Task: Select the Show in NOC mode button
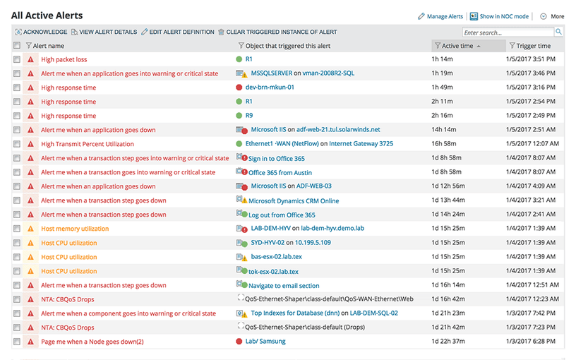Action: click(x=503, y=16)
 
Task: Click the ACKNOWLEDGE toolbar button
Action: click(x=44, y=32)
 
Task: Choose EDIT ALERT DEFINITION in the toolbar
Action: click(x=181, y=32)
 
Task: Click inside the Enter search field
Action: click(x=508, y=32)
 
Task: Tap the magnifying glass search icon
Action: click(x=559, y=32)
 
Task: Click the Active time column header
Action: click(x=457, y=46)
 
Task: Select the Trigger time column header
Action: click(x=533, y=46)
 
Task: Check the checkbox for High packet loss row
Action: click(x=17, y=59)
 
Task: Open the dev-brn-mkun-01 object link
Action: click(x=270, y=88)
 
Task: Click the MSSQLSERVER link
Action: click(x=272, y=73)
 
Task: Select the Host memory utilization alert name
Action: click(x=75, y=229)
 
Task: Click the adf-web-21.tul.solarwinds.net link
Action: click(x=338, y=130)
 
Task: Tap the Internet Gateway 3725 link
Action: click(x=361, y=144)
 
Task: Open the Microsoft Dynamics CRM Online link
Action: click(x=294, y=200)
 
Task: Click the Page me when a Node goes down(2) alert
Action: click(x=92, y=342)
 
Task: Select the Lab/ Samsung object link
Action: click(x=265, y=342)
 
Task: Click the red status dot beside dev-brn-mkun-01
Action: click(x=239, y=88)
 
